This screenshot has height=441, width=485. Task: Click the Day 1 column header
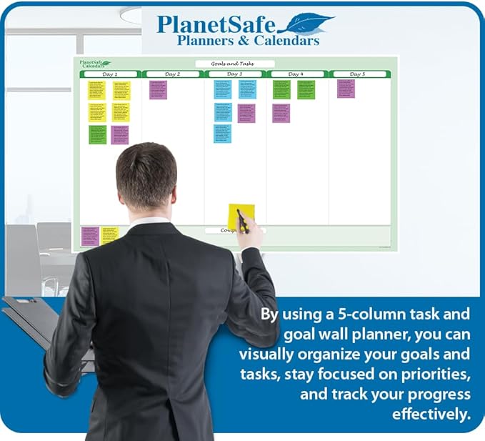click(x=111, y=74)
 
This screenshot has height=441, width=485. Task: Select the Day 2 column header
click(x=173, y=74)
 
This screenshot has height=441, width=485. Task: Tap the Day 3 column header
click(x=234, y=74)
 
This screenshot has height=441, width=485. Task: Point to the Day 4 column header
click(x=296, y=74)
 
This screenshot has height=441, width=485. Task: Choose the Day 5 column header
click(x=358, y=74)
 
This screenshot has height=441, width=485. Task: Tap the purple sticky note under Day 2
click(x=158, y=89)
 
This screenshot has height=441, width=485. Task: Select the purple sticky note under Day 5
click(x=346, y=89)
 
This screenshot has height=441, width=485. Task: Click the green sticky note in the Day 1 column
click(x=97, y=134)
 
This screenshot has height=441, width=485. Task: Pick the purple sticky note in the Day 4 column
click(x=281, y=113)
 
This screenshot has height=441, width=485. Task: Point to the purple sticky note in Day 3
click(x=246, y=113)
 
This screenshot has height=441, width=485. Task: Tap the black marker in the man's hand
click(x=242, y=222)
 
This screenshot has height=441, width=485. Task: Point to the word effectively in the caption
click(x=431, y=415)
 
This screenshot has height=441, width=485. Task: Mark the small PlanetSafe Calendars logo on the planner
click(x=94, y=64)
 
